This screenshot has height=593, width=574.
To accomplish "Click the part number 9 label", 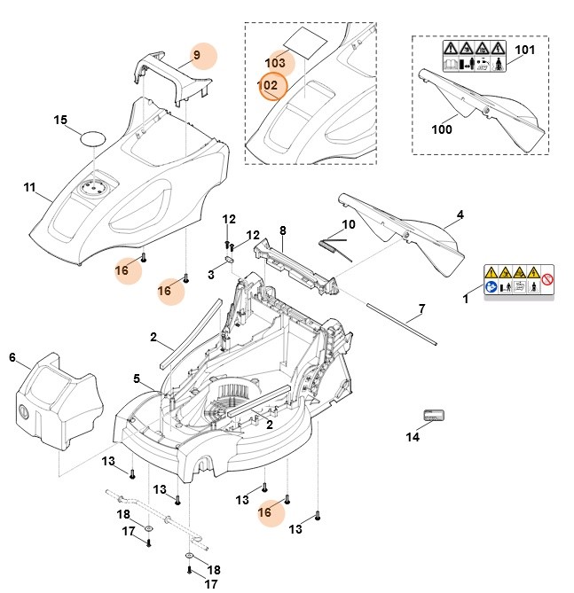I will click(x=197, y=55).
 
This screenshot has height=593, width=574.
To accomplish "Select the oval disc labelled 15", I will click(x=92, y=137).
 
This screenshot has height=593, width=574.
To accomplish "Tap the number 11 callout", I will click(x=29, y=188).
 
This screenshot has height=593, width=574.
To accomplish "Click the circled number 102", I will click(x=271, y=86).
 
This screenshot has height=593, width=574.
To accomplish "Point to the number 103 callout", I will click(x=275, y=64).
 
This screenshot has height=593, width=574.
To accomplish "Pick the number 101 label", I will click(x=526, y=50).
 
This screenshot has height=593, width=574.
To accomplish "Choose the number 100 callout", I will click(x=441, y=129).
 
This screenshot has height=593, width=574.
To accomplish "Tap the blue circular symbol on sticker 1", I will click(x=491, y=287).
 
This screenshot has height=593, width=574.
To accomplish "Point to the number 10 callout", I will click(x=348, y=224).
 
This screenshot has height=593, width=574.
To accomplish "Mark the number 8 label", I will click(x=282, y=231).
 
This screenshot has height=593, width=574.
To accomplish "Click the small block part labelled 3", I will click(x=226, y=261).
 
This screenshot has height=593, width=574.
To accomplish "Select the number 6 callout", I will click(x=12, y=357).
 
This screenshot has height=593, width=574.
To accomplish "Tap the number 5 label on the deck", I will click(x=138, y=379).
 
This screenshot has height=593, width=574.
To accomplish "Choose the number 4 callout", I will click(x=460, y=215).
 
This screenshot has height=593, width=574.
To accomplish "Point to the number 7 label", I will click(x=422, y=309).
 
